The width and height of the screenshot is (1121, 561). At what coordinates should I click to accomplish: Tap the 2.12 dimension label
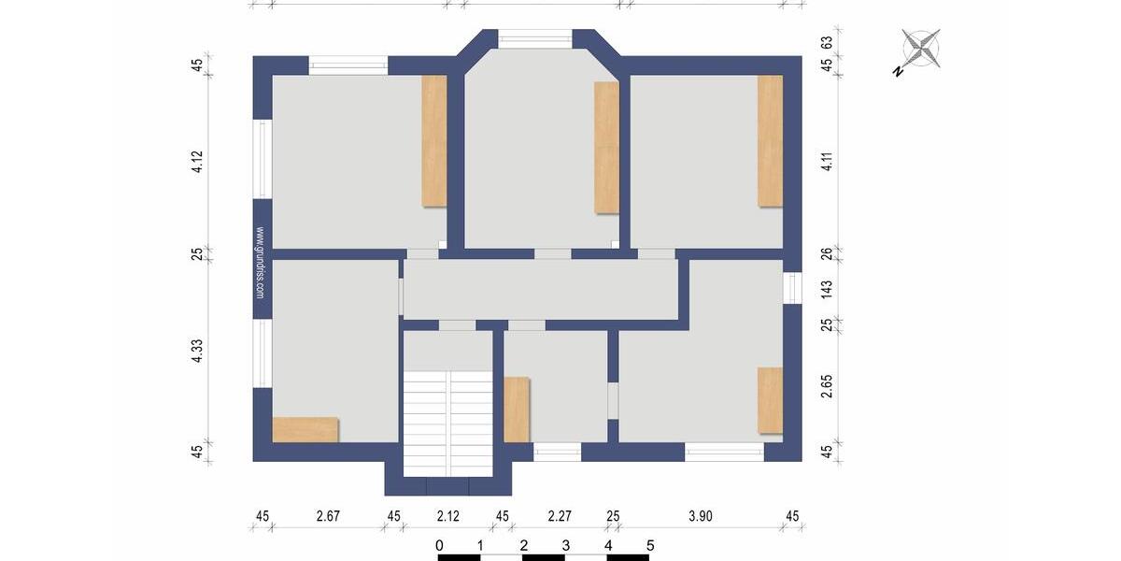(x=447, y=515)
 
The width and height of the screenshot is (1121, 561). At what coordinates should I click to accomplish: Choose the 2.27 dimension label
(x=560, y=515)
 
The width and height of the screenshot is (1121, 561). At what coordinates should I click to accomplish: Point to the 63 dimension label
(x=826, y=43)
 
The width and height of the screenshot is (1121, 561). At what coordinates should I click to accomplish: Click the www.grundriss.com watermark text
(x=260, y=264)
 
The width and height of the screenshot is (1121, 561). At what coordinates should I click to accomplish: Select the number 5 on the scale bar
(x=650, y=545)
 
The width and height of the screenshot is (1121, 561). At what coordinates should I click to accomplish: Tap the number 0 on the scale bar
(x=439, y=545)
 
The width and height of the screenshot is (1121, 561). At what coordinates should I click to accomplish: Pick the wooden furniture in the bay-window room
(x=607, y=148)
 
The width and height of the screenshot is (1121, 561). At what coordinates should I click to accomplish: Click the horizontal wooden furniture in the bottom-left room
(x=305, y=429)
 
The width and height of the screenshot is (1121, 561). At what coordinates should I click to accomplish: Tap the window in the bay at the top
(x=534, y=39)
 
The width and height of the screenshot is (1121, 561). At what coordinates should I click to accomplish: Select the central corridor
(x=540, y=289)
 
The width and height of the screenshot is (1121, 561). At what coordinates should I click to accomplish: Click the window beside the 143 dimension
(x=792, y=288)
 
